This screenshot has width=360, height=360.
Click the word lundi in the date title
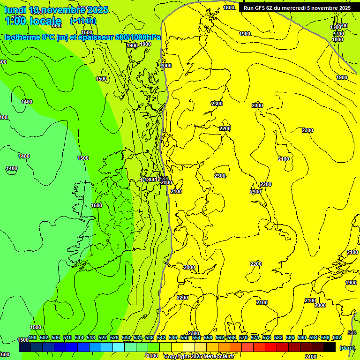click(x=15, y=10)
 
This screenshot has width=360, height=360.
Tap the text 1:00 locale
click(x=33, y=21)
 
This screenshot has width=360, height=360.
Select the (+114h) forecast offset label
click(x=83, y=21)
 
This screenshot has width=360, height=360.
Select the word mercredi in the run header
click(x=306, y=8)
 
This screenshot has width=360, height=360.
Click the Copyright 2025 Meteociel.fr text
click(x=199, y=357)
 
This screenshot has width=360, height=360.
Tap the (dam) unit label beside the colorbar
click(x=346, y=348)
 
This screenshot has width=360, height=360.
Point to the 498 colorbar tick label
click(x=32, y=337)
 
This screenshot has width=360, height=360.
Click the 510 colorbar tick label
click(x=67, y=337)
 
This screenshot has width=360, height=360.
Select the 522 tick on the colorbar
click(x=103, y=337)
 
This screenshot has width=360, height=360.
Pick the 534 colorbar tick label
click(x=138, y=337)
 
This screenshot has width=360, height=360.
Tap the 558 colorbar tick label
click(x=208, y=337)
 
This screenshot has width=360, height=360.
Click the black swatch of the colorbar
click(x=330, y=347)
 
